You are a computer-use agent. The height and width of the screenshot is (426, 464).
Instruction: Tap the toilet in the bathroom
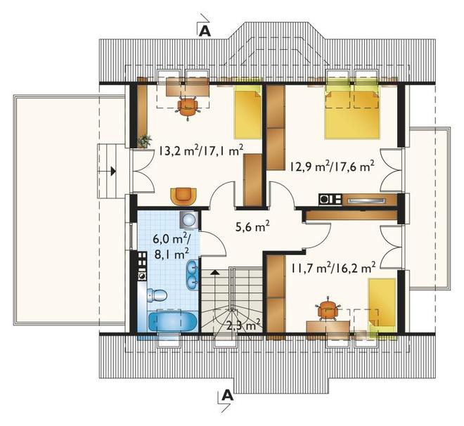point(157,295)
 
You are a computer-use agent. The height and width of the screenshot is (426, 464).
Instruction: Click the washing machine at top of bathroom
point(188,220)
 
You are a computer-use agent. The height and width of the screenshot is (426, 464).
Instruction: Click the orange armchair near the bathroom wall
point(183,196)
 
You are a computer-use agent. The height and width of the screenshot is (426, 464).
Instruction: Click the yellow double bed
point(352,115)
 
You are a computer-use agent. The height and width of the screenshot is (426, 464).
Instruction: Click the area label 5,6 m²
point(252,227)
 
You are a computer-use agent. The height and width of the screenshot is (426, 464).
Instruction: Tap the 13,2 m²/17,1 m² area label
point(201,150)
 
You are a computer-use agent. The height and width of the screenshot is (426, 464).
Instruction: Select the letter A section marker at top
point(205,31)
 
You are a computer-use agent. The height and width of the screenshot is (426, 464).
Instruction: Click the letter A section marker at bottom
point(227,394)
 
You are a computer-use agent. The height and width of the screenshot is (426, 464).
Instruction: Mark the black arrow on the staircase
point(215,272)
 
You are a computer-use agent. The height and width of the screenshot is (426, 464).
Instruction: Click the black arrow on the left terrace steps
point(112,171)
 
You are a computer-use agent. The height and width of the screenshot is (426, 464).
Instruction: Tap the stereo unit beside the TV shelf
point(330,199)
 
